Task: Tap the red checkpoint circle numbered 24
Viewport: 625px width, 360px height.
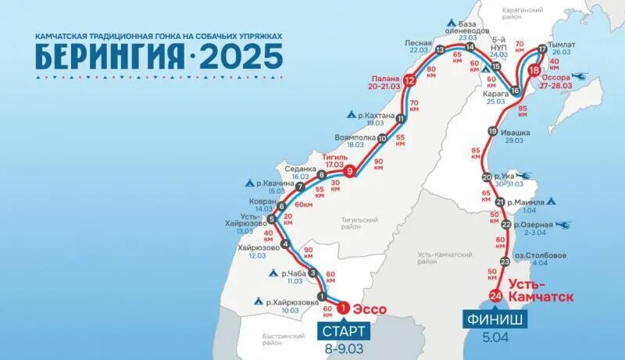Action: [x=495, y=295]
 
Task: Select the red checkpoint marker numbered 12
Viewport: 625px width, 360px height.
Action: [x=409, y=80]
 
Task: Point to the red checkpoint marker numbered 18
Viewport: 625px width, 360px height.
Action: [x=534, y=70]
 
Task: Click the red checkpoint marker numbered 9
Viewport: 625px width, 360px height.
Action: [x=351, y=171]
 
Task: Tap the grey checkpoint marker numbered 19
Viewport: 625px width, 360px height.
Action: [x=491, y=131]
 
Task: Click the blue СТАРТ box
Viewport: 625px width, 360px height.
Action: [x=340, y=331]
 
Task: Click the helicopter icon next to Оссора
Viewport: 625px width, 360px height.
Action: [x=584, y=77]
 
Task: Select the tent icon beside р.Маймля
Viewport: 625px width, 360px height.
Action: [x=552, y=201]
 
